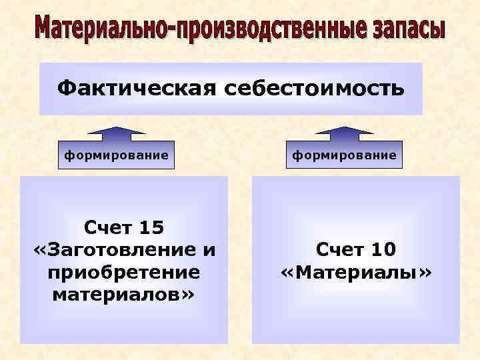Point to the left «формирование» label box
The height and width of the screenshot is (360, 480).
[115, 155]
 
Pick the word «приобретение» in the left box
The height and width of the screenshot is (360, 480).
[124, 272]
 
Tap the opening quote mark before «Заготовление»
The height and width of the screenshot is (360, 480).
[39, 251]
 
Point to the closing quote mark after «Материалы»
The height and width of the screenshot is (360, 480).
[425, 273]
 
